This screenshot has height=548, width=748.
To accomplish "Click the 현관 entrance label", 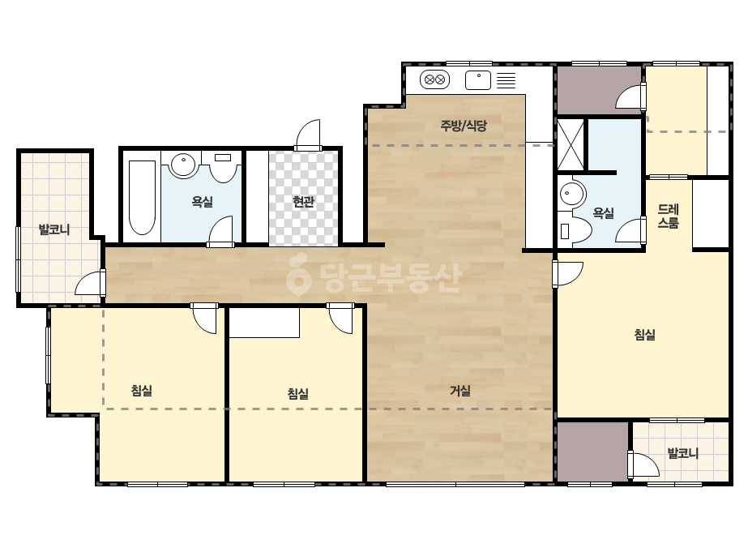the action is pyautogui.click(x=303, y=202).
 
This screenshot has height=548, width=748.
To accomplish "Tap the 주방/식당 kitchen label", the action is pyautogui.click(x=464, y=126).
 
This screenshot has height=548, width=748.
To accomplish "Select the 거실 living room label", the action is pyautogui.click(x=460, y=391).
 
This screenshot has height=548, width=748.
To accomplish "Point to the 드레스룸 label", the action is pyautogui.click(x=669, y=216).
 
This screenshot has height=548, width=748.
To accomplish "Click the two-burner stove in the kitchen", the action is pyautogui.click(x=434, y=79).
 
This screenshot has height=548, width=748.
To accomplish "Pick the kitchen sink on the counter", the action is pyautogui.click(x=478, y=80).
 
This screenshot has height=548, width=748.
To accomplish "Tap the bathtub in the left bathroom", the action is pyautogui.click(x=142, y=198).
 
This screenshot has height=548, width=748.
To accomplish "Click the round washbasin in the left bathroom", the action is pyautogui.click(x=182, y=165).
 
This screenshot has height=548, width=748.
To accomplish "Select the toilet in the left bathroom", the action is pyautogui.click(x=223, y=167).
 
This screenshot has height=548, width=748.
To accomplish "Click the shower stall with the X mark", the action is pyautogui.click(x=571, y=144).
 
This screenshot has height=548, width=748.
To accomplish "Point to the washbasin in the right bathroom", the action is pyautogui.click(x=572, y=194).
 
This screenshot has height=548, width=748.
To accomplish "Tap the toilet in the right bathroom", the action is pyautogui.click(x=575, y=230).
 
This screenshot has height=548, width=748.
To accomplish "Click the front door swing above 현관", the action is pyautogui.click(x=308, y=135).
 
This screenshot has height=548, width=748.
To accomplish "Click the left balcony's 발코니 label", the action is pyautogui.click(x=54, y=229).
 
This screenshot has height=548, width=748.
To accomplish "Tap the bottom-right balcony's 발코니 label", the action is pyautogui.click(x=682, y=453).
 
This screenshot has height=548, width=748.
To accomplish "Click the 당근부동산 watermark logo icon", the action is pyautogui.click(x=298, y=273).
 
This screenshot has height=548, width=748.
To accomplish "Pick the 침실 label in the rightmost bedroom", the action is pyautogui.click(x=644, y=335).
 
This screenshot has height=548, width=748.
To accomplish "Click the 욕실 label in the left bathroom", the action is pyautogui.click(x=203, y=201).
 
